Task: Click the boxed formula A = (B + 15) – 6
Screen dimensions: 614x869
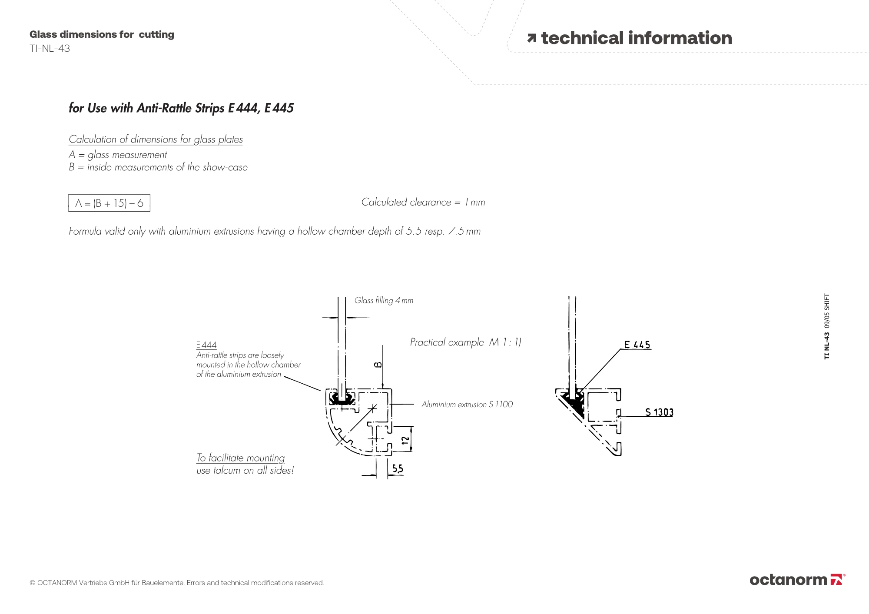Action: (x=109, y=203)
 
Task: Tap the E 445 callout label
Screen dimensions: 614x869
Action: (x=637, y=345)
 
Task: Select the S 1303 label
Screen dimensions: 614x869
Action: (x=659, y=412)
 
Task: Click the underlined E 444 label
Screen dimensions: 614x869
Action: (x=206, y=345)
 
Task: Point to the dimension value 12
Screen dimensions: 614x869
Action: (x=405, y=440)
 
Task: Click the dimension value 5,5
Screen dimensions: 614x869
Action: (x=398, y=468)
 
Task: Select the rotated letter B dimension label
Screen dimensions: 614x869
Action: (x=378, y=365)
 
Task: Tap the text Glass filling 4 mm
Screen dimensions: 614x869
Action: (x=384, y=300)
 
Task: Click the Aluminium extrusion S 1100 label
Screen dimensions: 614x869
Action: (x=467, y=405)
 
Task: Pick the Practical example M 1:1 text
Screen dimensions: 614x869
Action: (x=465, y=342)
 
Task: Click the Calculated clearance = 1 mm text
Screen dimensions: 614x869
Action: (x=423, y=202)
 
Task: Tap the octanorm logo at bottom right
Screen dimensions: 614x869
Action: (x=797, y=580)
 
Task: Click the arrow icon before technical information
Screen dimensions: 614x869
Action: (x=531, y=38)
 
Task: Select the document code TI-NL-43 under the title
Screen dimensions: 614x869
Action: (x=50, y=49)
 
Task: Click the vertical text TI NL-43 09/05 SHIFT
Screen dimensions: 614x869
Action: (x=826, y=326)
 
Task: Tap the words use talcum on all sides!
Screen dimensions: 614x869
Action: (x=245, y=471)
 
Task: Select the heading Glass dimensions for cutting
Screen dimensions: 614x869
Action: (x=102, y=34)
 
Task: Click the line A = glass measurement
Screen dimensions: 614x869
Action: (x=117, y=155)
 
